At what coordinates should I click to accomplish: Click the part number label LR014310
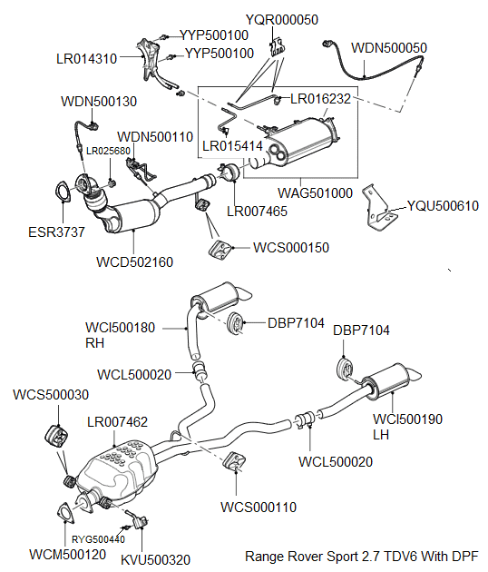click(x=86, y=58)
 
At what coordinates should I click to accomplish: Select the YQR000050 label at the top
click(x=282, y=20)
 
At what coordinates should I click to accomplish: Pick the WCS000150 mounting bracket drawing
click(x=218, y=249)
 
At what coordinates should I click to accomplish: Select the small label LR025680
click(x=108, y=151)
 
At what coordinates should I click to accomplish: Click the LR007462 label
click(x=117, y=422)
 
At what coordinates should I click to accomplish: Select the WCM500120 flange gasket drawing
click(x=66, y=512)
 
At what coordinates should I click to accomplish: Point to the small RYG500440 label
click(x=99, y=539)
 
